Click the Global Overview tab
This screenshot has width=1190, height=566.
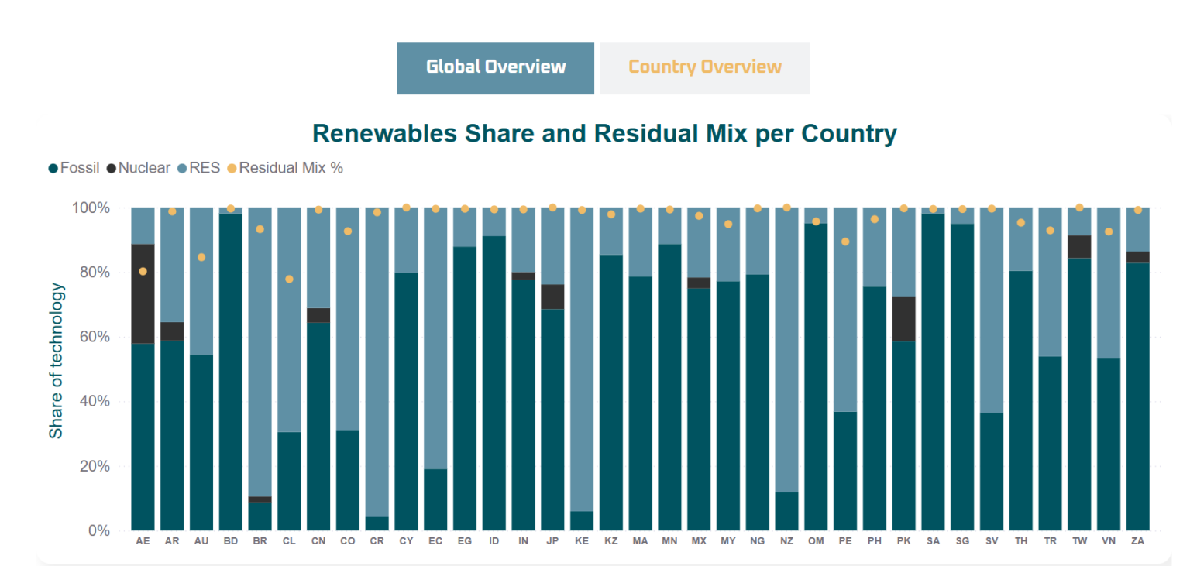pos(496,67)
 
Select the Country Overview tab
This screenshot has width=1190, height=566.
pos(704,67)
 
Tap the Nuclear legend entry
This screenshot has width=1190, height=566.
pos(143,168)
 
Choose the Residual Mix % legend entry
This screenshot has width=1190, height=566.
pos(290,168)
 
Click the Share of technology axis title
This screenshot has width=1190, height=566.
pos(56,361)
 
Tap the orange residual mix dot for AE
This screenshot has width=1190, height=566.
pos(143,271)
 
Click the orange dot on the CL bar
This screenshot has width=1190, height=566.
pos(289,279)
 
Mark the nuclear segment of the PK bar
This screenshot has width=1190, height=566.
pos(903,318)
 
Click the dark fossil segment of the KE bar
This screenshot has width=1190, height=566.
pos(582,520)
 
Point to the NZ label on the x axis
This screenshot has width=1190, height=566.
pos(786,542)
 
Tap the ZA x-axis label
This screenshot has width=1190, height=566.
pos(1137,542)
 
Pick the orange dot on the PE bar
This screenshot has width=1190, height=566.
pos(845,242)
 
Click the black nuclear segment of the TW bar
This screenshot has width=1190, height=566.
pos(1079,246)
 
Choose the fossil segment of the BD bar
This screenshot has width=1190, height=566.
pos(230,372)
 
